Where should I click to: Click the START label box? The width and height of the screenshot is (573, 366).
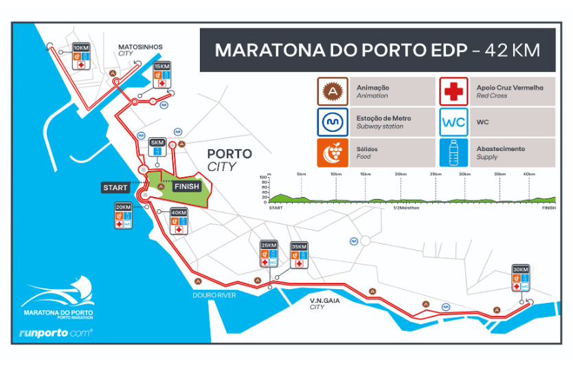click(x=115, y=187)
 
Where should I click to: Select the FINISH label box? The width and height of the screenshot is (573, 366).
click(x=186, y=186)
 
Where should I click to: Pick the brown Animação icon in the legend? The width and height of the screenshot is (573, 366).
click(x=332, y=91)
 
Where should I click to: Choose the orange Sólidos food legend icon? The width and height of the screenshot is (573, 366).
click(x=332, y=152)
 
